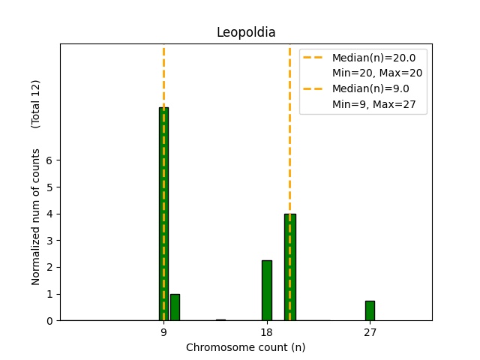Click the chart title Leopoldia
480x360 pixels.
[246, 32]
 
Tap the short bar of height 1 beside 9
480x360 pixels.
[175, 307]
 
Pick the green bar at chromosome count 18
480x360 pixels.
[266, 290]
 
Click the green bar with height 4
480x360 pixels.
[289, 267]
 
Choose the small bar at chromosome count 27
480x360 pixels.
[370, 310]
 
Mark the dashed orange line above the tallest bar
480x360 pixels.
[163, 75]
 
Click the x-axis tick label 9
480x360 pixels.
[163, 332]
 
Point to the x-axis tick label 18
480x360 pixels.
[266, 332]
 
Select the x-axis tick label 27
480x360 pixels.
[370, 332]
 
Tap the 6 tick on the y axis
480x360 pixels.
[49, 160]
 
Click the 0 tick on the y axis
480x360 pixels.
[49, 320]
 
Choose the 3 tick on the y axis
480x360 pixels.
[49, 241]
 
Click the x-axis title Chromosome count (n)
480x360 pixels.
[246, 347]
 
